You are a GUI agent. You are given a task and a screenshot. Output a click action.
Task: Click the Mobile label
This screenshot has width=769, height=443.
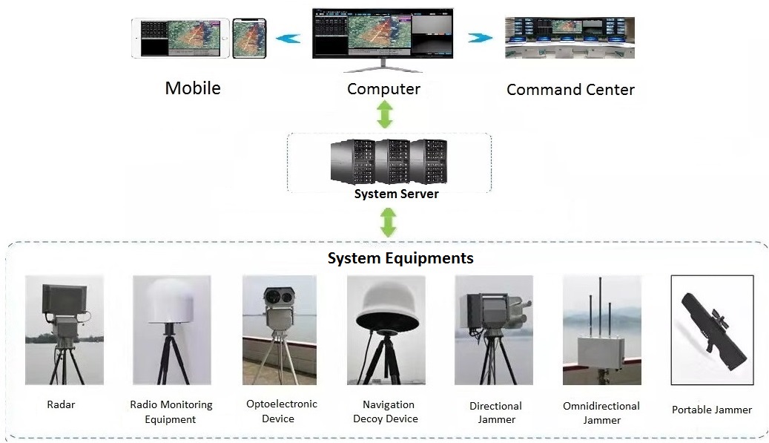193,88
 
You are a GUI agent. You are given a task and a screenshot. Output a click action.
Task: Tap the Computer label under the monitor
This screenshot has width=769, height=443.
383,89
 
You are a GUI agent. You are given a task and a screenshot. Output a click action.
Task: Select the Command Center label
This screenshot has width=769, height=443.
570,90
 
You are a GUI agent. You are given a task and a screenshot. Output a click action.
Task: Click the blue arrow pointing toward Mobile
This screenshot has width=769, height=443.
288,39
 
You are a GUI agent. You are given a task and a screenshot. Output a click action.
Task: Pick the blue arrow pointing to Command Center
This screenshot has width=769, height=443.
480,38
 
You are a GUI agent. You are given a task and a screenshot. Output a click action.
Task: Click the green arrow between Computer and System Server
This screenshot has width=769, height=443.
385,114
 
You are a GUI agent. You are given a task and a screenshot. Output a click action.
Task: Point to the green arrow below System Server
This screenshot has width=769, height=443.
389,222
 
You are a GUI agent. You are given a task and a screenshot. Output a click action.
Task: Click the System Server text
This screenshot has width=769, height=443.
396,194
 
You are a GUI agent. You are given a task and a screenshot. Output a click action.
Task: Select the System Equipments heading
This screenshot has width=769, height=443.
400,258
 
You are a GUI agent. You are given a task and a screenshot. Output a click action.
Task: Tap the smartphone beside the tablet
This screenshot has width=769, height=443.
249,39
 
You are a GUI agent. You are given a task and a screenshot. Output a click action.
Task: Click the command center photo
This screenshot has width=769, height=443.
570,38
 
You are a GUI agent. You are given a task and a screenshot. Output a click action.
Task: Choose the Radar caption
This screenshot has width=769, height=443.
61,404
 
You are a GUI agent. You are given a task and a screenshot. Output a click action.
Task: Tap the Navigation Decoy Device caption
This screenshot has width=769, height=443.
386,412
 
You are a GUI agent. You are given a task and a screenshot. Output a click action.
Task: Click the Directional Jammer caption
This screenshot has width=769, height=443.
496,413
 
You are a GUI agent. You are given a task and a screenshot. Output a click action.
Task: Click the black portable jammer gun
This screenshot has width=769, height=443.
713,331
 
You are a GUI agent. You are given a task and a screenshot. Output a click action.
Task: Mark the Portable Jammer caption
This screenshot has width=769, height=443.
712,410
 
